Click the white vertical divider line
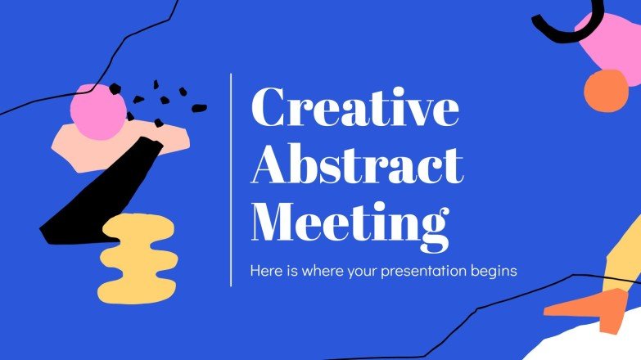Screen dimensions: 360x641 pos(232,180)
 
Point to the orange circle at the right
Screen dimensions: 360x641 pos(607,91)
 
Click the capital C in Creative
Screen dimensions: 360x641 pos(271,110)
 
